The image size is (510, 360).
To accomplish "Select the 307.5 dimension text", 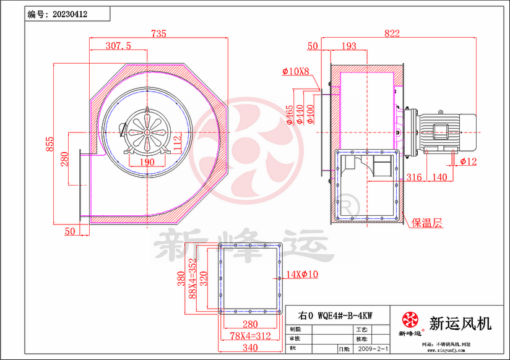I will pos(118,46).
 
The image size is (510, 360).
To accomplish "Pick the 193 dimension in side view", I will pos(349,46).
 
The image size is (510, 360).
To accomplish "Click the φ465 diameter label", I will pos(290,114).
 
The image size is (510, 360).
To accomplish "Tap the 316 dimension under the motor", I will pos(414,178).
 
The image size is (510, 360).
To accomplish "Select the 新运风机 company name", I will pos(460,323).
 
